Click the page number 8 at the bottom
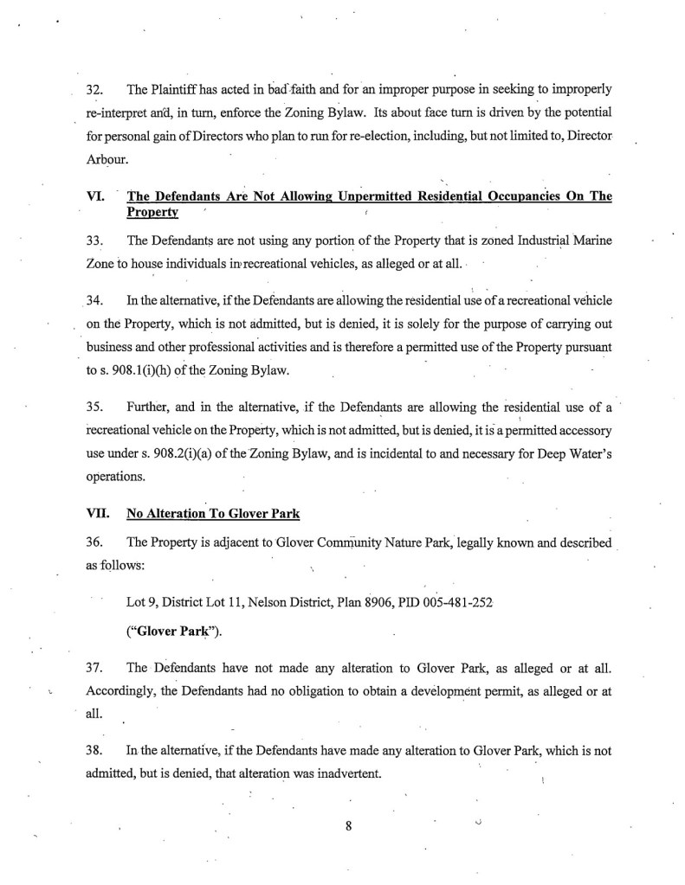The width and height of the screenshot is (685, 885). pyautogui.click(x=346, y=824)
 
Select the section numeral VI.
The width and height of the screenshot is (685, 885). pyautogui.click(x=95, y=196)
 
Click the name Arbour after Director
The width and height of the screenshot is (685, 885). pyautogui.click(x=105, y=157)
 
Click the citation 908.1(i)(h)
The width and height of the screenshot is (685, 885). pyautogui.click(x=154, y=372)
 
